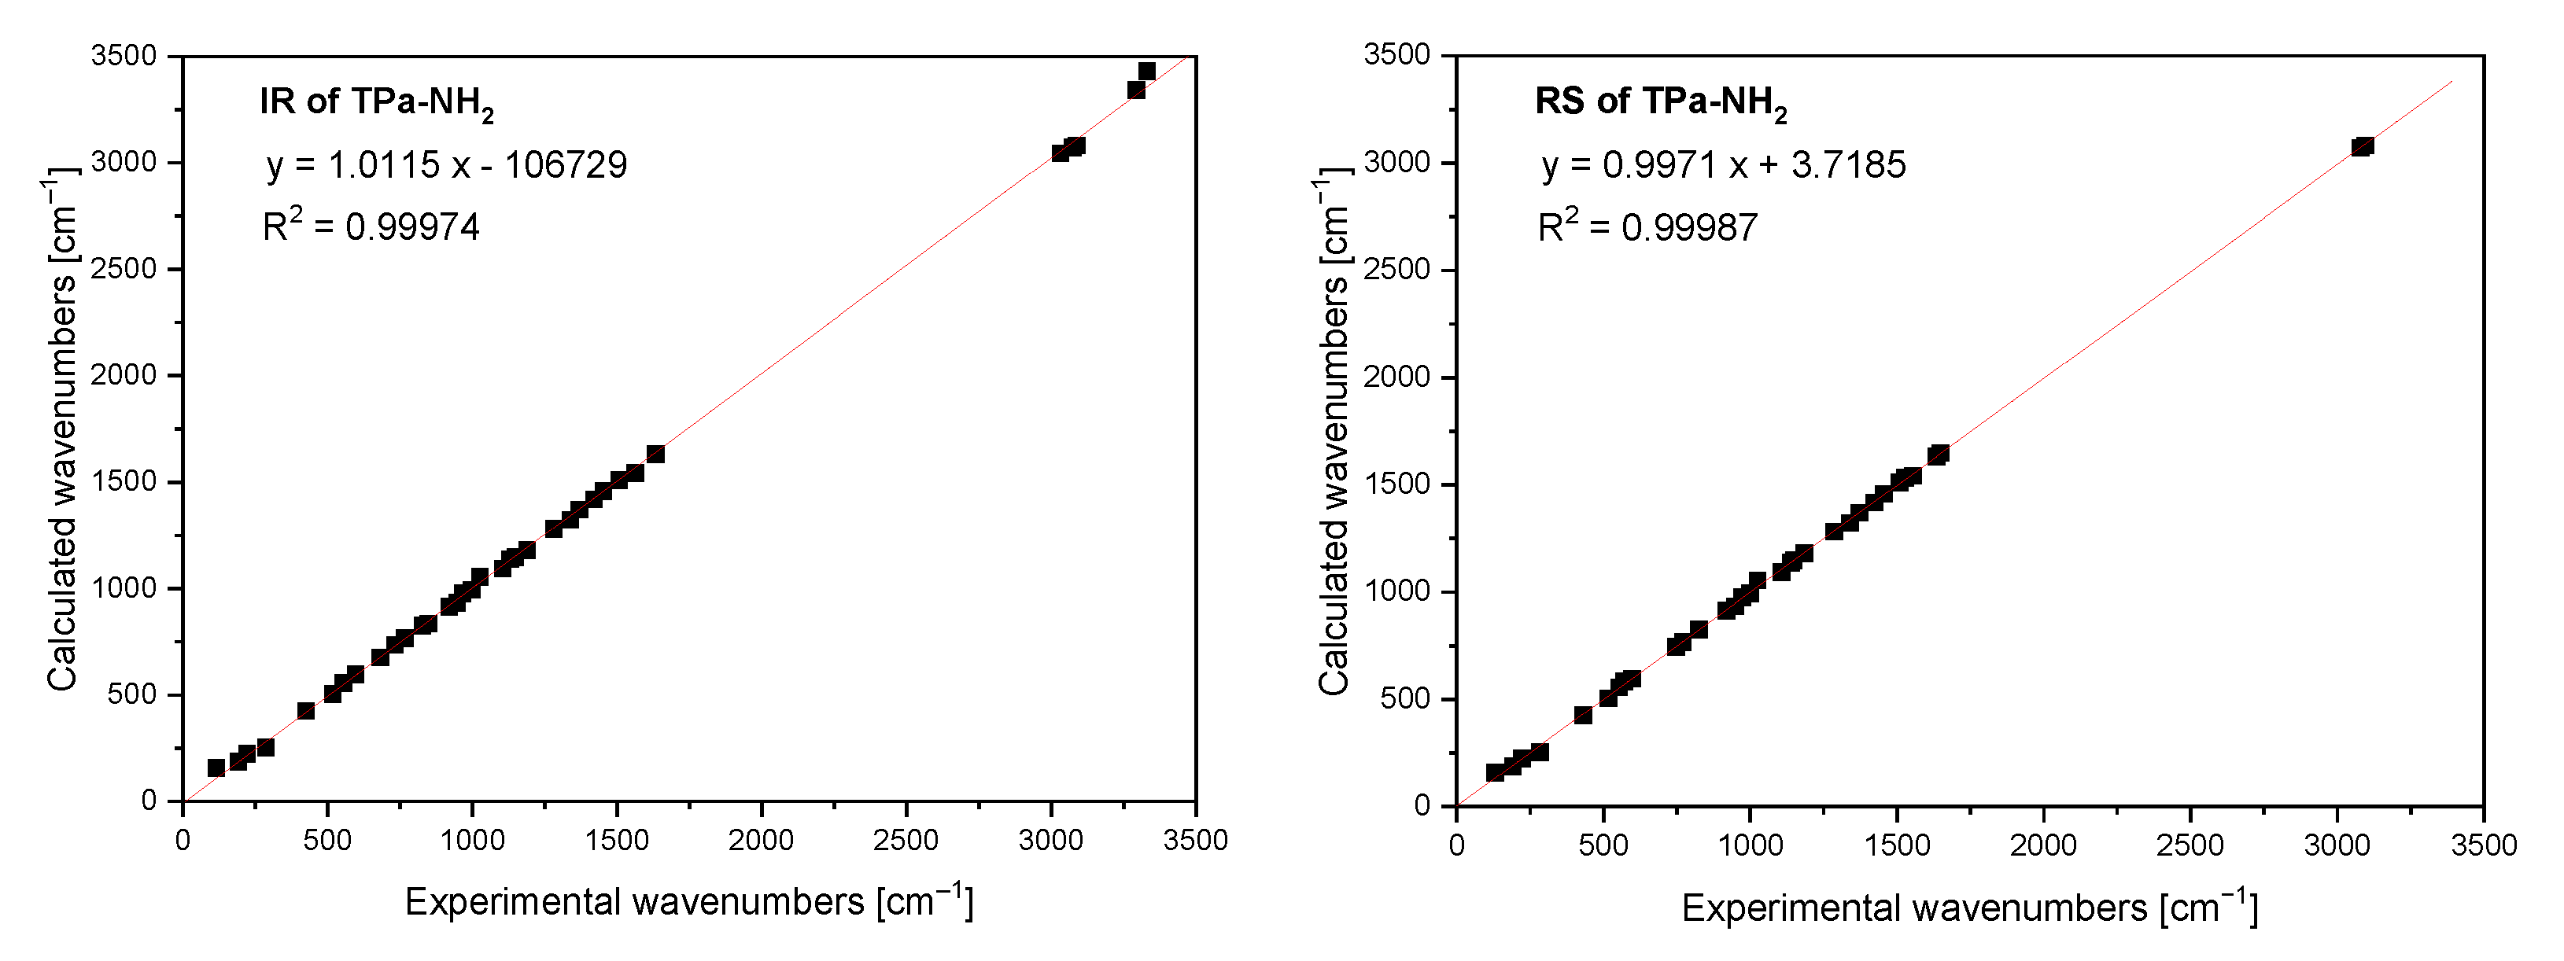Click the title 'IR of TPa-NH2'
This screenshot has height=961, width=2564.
[x=376, y=102]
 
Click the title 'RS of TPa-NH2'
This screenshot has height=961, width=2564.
[x=1660, y=102]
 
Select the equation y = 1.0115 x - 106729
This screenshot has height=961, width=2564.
[x=447, y=165]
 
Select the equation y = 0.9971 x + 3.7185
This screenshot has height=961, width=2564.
[x=1723, y=165]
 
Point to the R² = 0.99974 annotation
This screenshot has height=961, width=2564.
[x=371, y=226]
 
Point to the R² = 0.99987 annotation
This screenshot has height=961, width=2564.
[x=1647, y=226]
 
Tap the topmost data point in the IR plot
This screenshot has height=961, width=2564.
[x=1146, y=71]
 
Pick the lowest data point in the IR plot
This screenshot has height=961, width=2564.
[x=216, y=767]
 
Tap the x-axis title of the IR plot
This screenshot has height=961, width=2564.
[x=688, y=901]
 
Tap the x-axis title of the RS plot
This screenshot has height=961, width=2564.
[x=1968, y=908]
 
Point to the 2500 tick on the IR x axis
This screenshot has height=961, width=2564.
[x=906, y=841]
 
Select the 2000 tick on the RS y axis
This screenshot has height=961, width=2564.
[x=1396, y=377]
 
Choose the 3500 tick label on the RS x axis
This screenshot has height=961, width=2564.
[x=2484, y=845]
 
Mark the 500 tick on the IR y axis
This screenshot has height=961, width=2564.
[x=131, y=694]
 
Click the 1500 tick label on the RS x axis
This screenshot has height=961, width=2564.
[x=1897, y=845]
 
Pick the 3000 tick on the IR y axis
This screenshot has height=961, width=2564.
[x=124, y=162]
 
